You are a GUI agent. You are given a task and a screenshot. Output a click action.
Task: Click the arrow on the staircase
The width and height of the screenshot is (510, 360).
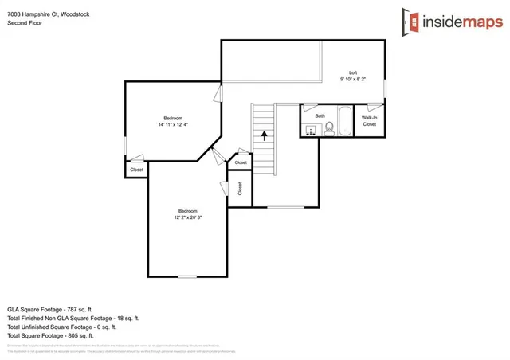(262, 136)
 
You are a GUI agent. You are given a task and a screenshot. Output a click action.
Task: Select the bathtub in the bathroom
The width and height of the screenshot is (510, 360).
(344, 122)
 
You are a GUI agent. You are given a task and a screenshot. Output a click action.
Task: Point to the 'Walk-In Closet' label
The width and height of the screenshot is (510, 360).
(369, 121)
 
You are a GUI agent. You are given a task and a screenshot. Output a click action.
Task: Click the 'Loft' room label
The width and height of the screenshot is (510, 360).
(354, 72)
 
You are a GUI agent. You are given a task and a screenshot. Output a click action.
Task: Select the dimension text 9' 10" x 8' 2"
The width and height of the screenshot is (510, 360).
(354, 79)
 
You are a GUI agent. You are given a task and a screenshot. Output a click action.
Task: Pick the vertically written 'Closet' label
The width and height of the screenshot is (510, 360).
(240, 189)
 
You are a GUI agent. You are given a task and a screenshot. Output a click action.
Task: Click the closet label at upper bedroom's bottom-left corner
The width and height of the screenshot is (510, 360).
(136, 170)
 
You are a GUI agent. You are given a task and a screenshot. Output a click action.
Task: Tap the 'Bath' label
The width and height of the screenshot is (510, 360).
(320, 116)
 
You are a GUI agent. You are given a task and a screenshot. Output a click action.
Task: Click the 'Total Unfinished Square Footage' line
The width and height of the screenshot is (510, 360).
(62, 327)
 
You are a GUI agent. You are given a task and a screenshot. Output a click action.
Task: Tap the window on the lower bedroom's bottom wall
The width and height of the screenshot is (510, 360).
(187, 276)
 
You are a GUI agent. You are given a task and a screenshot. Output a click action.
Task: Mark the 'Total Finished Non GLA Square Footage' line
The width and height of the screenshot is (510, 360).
(73, 317)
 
